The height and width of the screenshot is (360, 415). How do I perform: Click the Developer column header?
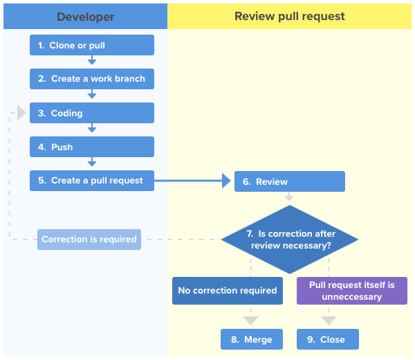(x=85, y=17)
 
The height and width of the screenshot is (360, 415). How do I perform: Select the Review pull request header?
(x=290, y=17)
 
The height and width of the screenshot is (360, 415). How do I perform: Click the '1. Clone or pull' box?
(x=91, y=46)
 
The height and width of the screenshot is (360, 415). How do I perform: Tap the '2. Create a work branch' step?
(x=91, y=79)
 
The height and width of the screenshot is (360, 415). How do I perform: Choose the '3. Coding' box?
(x=91, y=113)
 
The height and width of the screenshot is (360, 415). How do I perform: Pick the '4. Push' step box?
(x=91, y=147)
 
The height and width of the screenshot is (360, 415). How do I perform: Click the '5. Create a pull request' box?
(x=91, y=181)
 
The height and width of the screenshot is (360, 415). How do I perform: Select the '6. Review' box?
(x=289, y=181)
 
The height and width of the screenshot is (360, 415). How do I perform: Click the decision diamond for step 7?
(x=289, y=240)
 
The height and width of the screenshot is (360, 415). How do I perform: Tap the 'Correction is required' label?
(x=89, y=240)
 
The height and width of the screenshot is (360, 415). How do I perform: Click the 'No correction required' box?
(x=227, y=291)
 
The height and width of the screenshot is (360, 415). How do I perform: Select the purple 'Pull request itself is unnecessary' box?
(x=351, y=291)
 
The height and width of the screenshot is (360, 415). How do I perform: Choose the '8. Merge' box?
(x=251, y=339)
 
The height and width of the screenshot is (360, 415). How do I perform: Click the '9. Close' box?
(x=328, y=339)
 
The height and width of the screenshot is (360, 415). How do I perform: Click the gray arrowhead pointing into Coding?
(x=21, y=113)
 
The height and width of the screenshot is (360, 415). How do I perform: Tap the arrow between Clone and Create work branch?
(x=92, y=61)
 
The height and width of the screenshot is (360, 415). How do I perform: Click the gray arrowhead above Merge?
(x=251, y=321)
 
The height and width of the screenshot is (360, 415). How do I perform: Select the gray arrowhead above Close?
(x=329, y=321)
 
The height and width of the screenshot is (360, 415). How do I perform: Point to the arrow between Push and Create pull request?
(x=92, y=163)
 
